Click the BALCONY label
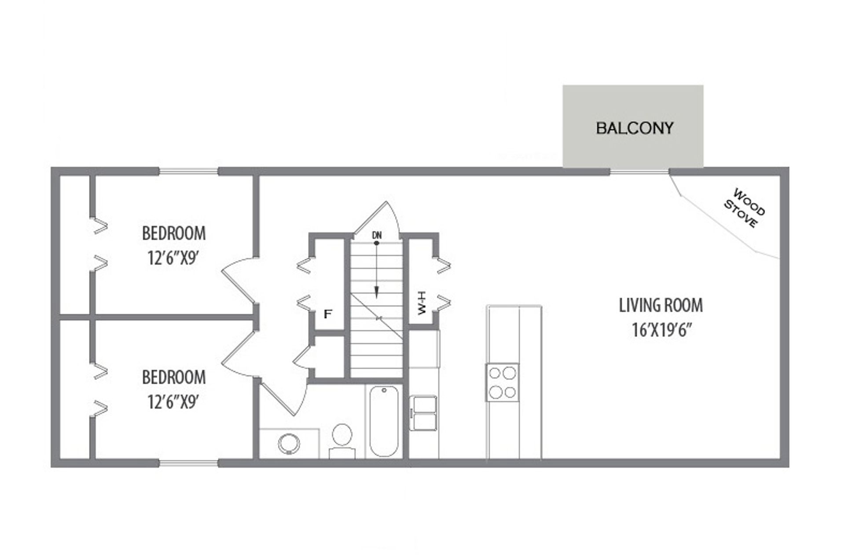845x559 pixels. [x=634, y=128]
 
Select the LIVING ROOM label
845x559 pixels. [x=661, y=305]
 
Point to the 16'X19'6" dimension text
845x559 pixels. [x=661, y=330]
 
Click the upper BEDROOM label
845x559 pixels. [x=173, y=233]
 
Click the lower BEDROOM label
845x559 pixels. [x=173, y=377]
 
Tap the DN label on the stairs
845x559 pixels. [x=377, y=235]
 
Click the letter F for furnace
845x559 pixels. [x=327, y=314]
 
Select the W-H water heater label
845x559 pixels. [x=422, y=303]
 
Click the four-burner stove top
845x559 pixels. [x=502, y=382]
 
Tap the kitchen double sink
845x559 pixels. [x=423, y=413]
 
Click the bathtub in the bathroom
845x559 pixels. [x=384, y=421]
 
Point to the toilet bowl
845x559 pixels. [x=342, y=435]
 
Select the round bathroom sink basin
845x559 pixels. [x=289, y=443]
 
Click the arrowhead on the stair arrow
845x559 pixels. [x=377, y=292]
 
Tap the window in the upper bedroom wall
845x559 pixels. [x=188, y=171]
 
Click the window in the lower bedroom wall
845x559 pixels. [x=188, y=463]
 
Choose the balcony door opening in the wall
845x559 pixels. [x=639, y=171]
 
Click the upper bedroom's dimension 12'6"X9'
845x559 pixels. [x=173, y=258]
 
